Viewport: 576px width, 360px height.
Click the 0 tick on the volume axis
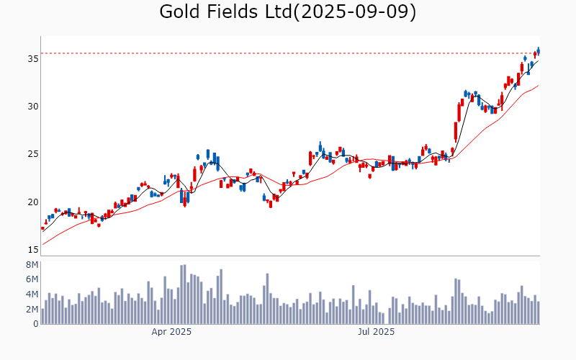(x=34, y=324)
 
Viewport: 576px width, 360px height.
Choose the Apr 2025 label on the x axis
(x=171, y=332)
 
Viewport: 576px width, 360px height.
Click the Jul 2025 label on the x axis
(x=377, y=332)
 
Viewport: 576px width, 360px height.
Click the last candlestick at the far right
(x=539, y=50)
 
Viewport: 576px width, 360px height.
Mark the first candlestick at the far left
(x=42, y=228)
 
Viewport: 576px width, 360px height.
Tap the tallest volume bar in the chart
(x=184, y=294)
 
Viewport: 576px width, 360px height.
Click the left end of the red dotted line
(x=41, y=53)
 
